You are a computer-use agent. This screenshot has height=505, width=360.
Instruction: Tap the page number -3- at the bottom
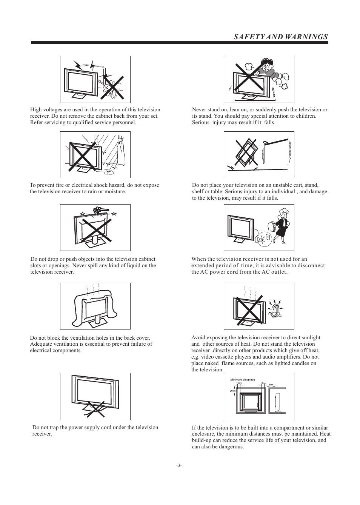(x=179, y=465)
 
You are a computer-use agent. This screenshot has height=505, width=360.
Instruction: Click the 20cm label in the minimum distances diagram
(x=232, y=391)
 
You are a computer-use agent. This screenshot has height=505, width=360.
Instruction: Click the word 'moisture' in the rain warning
(x=115, y=192)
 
